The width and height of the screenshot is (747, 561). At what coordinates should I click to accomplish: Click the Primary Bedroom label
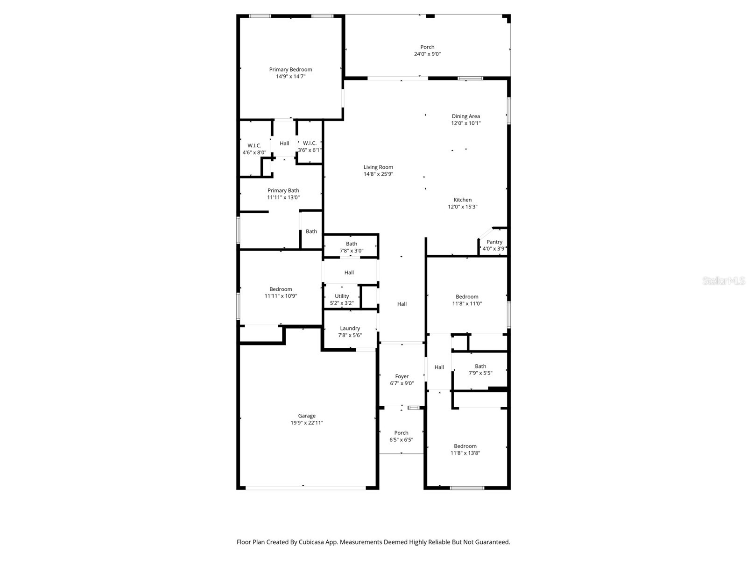tap(290, 70)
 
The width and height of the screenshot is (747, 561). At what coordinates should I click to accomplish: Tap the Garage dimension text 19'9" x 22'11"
tap(307, 423)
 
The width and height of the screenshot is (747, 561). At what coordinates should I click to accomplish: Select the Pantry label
tap(494, 242)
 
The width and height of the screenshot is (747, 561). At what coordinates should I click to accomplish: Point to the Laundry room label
tap(350, 328)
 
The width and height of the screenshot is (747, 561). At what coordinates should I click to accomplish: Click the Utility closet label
tap(342, 296)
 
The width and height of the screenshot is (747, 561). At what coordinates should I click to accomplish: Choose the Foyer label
tap(402, 376)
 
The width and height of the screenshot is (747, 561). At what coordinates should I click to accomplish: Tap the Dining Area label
tap(465, 116)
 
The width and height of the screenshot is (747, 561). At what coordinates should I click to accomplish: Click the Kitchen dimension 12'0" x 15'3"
tap(462, 207)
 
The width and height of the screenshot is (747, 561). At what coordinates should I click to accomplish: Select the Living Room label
tap(378, 167)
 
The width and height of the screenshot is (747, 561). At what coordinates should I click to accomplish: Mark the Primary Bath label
tap(283, 190)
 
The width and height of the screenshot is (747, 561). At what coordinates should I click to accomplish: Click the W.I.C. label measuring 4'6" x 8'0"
tap(254, 145)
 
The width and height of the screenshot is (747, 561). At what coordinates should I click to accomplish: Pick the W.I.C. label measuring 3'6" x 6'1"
tap(310, 143)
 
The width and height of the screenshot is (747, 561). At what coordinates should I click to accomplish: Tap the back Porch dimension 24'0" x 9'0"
tap(427, 54)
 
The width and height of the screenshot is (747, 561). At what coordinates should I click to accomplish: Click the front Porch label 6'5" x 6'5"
tap(401, 433)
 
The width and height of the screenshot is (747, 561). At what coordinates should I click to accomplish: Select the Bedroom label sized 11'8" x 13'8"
tap(465, 446)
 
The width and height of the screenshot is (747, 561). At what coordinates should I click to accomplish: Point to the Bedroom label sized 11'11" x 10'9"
tap(281, 289)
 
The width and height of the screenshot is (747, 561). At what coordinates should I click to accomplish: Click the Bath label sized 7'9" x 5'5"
tap(480, 366)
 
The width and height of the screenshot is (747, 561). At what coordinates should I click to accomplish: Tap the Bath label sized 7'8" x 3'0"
tap(351, 244)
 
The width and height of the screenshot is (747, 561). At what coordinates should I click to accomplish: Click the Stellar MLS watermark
tap(724, 281)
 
